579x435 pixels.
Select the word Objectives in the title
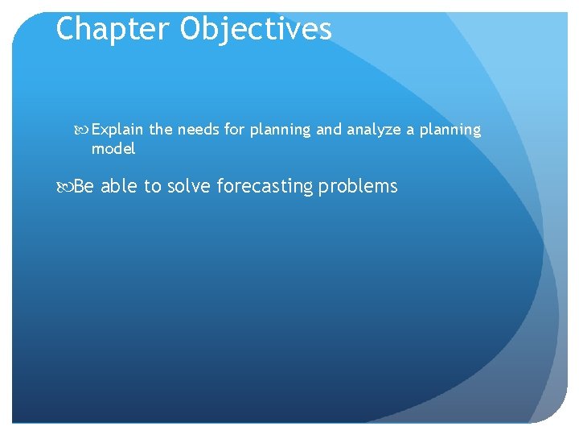point(256,29)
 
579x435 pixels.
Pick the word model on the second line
point(113,149)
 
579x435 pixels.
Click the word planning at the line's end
point(450,130)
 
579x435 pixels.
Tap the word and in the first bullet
point(328,130)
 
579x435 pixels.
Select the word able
point(119,187)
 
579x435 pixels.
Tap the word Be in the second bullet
point(84,187)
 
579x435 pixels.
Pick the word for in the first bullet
point(234,130)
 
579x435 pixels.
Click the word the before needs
point(161,130)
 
